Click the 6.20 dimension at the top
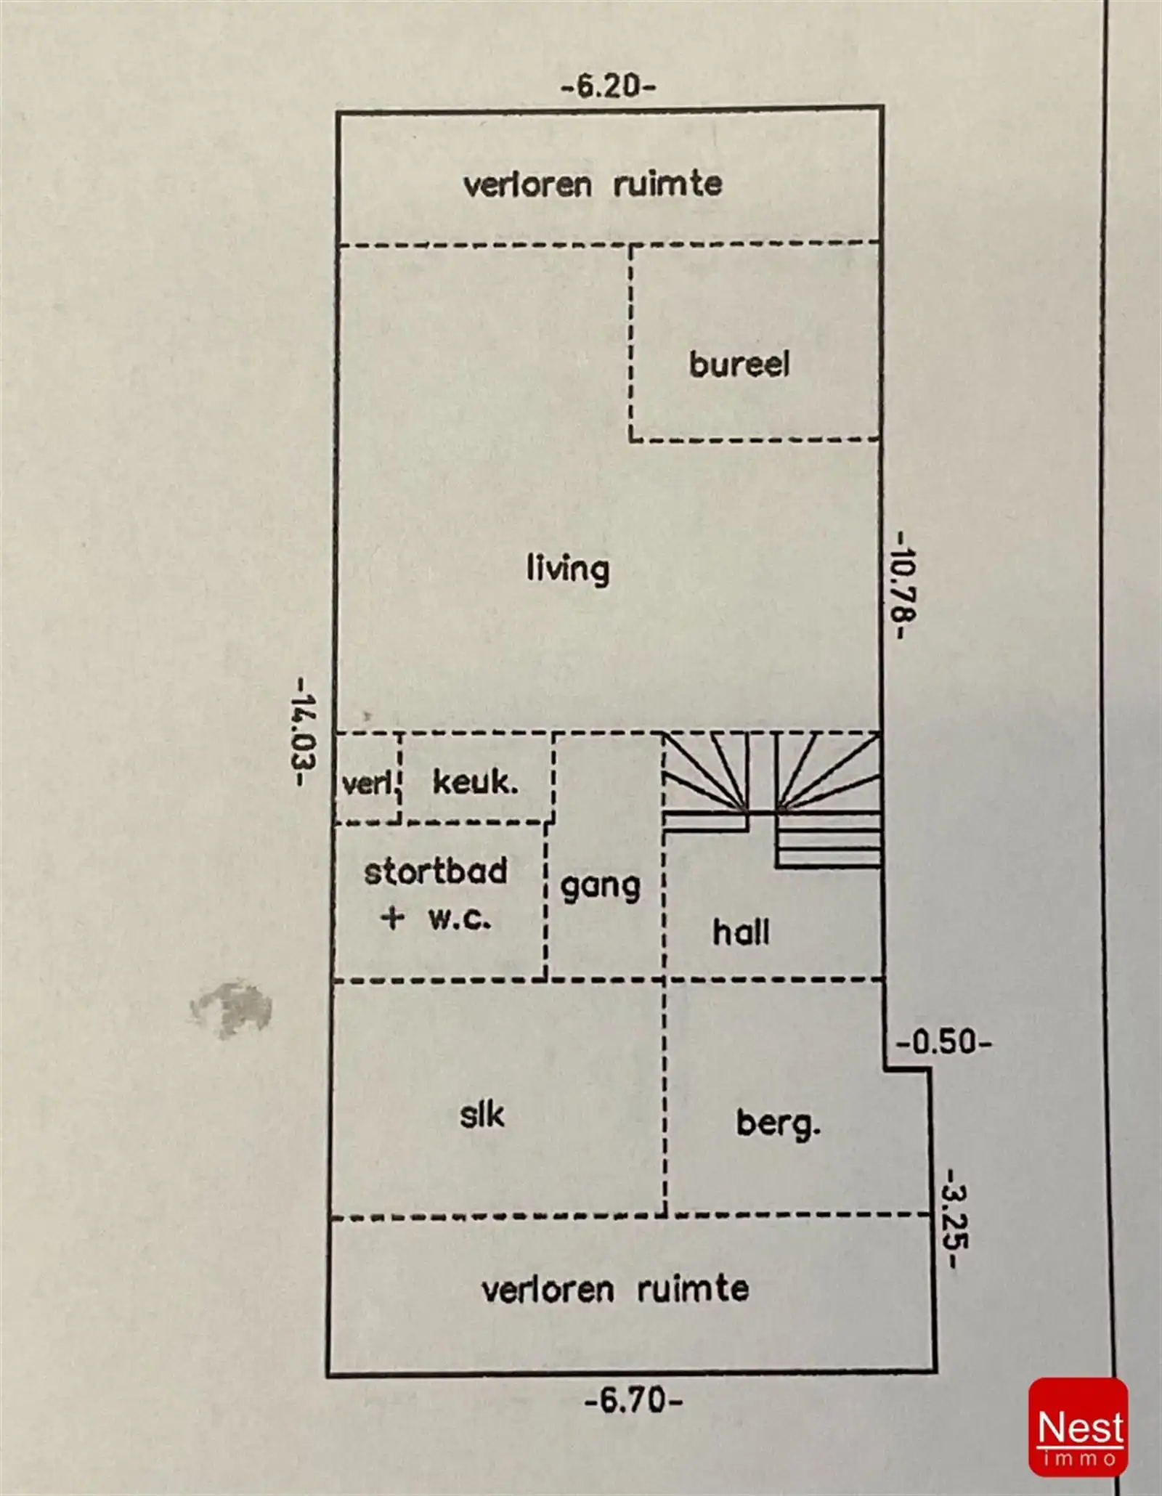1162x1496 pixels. pyautogui.click(x=609, y=87)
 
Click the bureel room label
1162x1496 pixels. pyautogui.click(x=739, y=364)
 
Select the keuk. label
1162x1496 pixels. pyautogui.click(x=476, y=782)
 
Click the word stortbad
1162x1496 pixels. pyautogui.click(x=436, y=871)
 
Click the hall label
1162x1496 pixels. pyautogui.click(x=741, y=932)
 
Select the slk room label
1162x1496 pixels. pyautogui.click(x=482, y=1115)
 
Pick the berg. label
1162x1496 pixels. pyautogui.click(x=779, y=1125)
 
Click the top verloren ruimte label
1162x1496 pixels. pyautogui.click(x=593, y=184)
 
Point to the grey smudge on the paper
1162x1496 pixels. pyautogui.click(x=231, y=1008)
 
